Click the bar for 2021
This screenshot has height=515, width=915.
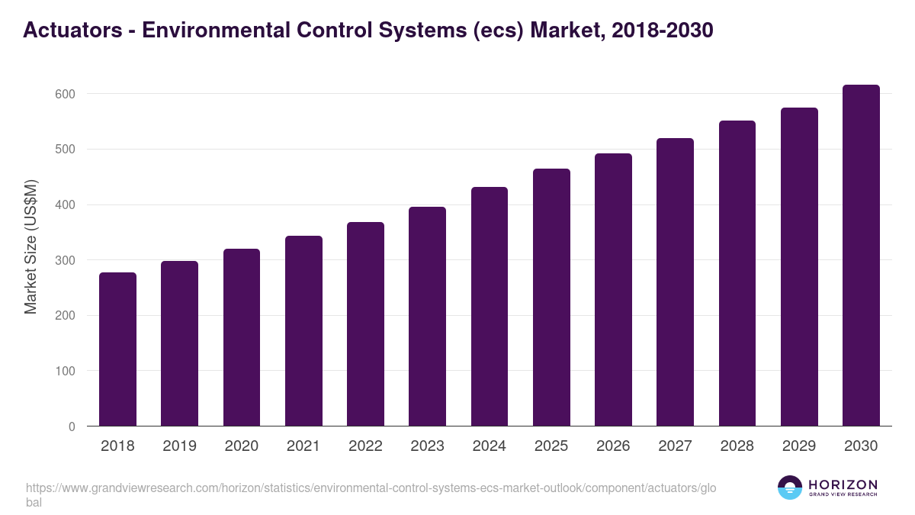303,331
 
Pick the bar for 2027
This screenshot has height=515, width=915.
675,282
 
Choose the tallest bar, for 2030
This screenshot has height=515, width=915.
861,256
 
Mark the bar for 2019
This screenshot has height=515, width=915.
179,343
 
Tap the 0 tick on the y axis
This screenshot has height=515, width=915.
71,426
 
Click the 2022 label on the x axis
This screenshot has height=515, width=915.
365,446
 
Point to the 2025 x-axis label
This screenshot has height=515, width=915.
551,446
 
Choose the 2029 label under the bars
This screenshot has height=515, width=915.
799,446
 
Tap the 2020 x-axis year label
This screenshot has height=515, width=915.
241,446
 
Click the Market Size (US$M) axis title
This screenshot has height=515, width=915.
30,246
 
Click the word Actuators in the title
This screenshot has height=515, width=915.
72,31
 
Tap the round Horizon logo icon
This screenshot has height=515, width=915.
790,488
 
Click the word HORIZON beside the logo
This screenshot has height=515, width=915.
843,484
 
